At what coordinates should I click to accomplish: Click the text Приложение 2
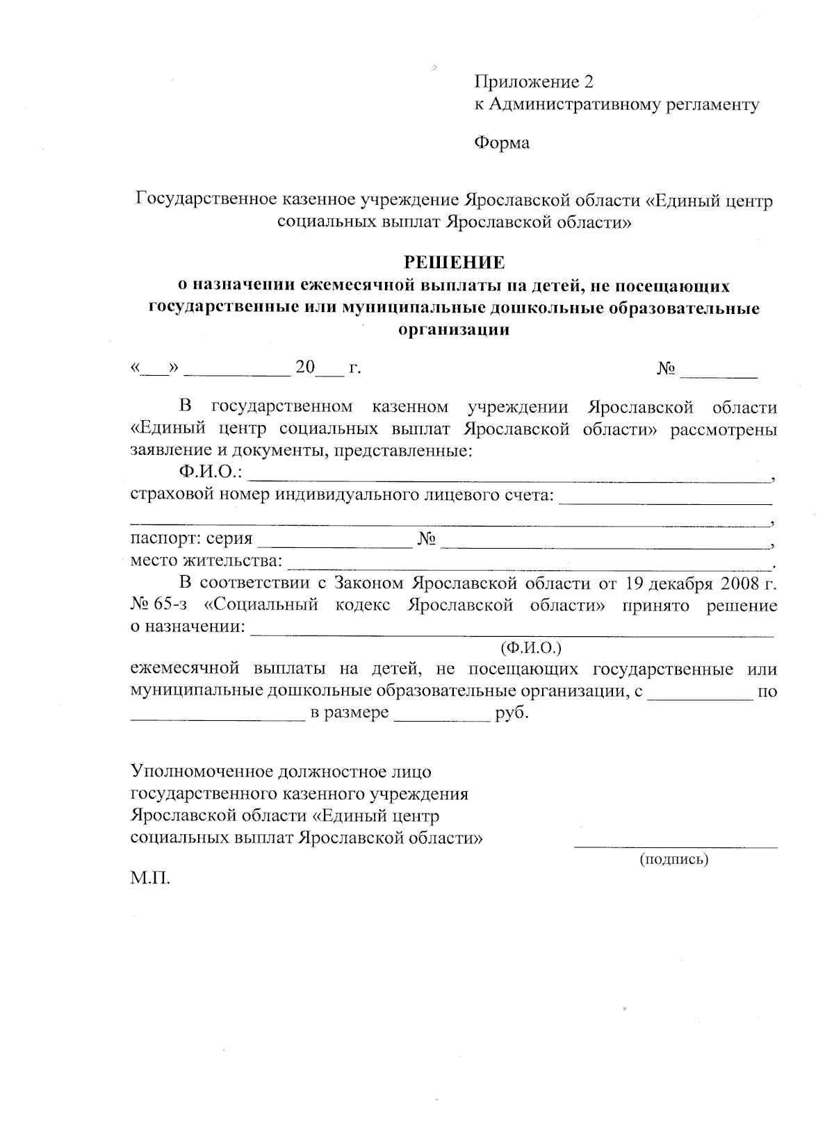(534, 83)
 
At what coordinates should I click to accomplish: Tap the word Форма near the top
(501, 143)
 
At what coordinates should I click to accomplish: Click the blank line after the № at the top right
(719, 376)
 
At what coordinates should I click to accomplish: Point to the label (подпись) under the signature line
(673, 859)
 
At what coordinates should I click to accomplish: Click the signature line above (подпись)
(676, 846)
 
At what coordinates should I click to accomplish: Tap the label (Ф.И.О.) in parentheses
(530, 648)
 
